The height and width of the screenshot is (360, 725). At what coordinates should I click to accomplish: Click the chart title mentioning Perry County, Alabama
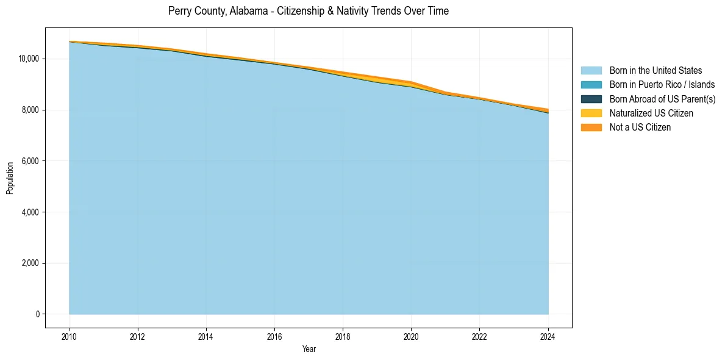pos(308,11)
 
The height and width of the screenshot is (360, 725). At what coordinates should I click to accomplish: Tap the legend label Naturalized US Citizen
pos(651,113)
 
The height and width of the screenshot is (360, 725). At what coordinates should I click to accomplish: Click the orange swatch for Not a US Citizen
pos(591,127)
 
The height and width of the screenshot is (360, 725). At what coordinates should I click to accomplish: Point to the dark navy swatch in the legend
pos(591,99)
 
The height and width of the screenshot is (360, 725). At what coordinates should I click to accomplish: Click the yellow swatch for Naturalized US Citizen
pos(591,113)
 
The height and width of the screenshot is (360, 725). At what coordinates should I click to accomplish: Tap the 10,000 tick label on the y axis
pos(29,59)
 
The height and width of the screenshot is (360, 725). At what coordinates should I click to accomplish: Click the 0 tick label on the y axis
pos(37,314)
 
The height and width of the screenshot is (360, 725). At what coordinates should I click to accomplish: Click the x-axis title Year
pos(309,349)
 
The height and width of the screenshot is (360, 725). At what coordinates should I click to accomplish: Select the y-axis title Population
pos(10,178)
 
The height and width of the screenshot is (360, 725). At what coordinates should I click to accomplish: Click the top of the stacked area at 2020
pos(411,81)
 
